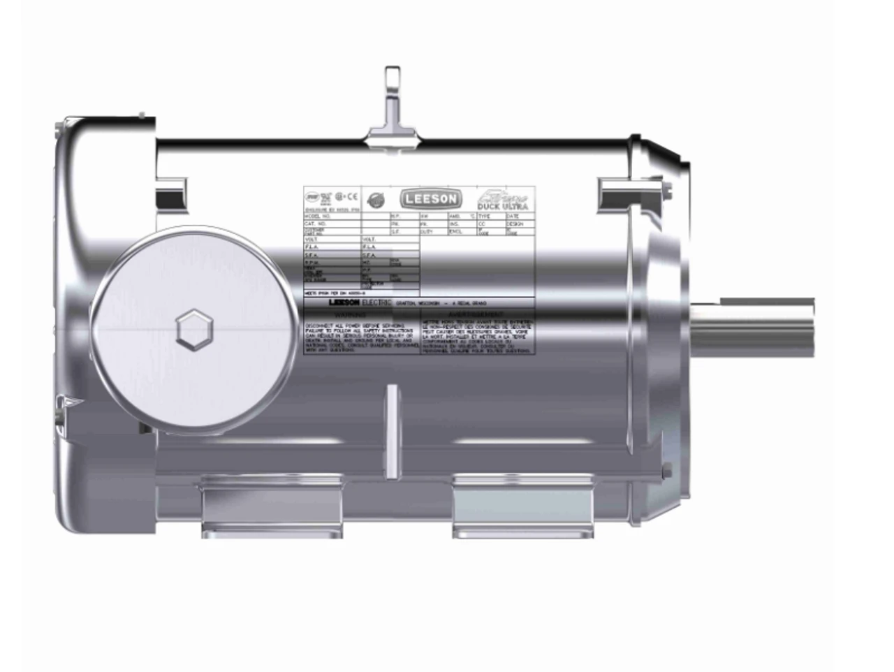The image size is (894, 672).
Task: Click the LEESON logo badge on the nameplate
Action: point(430,199)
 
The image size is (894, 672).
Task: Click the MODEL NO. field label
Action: point(316,217)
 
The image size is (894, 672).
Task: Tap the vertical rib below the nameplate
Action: point(393,433)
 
